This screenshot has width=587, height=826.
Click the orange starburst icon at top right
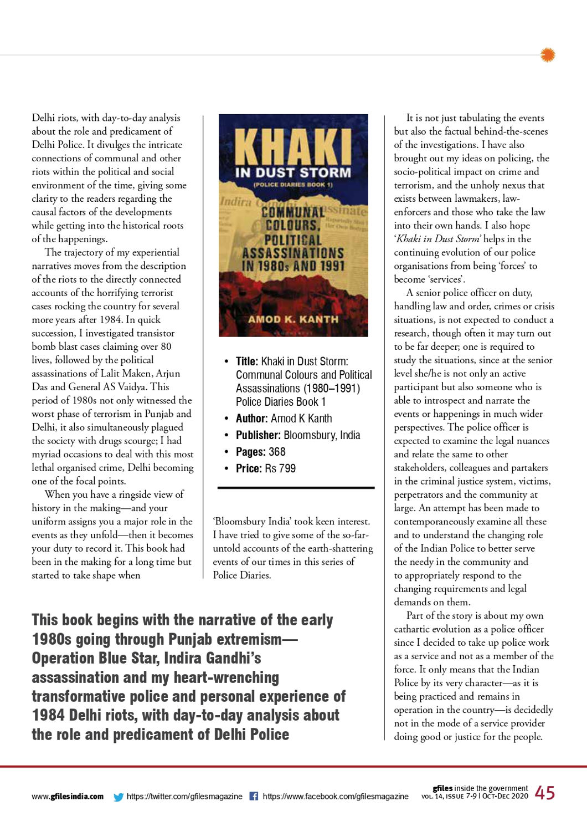point(548,55)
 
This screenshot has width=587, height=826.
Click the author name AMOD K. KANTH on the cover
point(293,319)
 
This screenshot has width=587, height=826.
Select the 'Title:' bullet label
point(247,361)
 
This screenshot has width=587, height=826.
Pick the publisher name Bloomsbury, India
point(322,435)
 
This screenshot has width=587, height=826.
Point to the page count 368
point(277,452)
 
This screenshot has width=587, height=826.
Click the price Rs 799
point(280,468)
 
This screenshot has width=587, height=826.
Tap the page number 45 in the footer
point(545,793)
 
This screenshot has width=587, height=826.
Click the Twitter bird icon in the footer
point(119,797)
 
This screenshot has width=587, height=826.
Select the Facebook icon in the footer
point(254,796)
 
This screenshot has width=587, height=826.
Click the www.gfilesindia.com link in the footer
point(68,797)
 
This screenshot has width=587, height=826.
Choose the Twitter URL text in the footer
point(184,797)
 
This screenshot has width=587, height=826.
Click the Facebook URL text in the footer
point(336,797)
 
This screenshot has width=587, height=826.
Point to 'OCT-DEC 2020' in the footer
point(505,797)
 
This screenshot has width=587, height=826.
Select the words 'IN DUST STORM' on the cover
point(293,172)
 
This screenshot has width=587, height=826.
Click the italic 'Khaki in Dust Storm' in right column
point(438,239)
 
